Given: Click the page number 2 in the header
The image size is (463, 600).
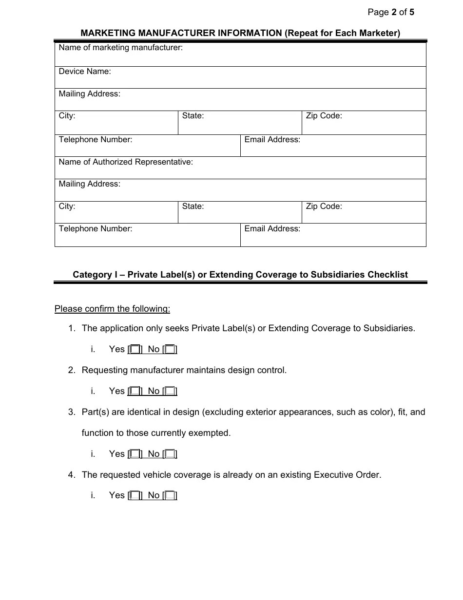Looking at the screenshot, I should [x=394, y=13].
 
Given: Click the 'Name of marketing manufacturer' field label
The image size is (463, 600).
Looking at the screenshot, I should [x=120, y=48].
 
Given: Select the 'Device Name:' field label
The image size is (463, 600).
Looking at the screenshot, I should [x=85, y=72].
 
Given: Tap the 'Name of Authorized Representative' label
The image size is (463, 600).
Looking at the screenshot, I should [x=126, y=162].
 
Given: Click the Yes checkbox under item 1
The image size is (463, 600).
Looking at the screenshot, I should [x=135, y=349].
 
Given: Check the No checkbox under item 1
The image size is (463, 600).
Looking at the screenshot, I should [x=170, y=349].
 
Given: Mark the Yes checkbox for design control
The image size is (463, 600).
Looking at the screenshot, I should [x=135, y=391].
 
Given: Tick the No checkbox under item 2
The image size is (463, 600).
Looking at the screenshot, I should [x=170, y=391].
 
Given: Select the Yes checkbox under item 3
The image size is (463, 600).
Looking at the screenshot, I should [x=135, y=454].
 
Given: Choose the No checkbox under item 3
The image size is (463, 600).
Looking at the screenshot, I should [x=170, y=454].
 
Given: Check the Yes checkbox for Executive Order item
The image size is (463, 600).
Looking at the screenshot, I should [x=135, y=495].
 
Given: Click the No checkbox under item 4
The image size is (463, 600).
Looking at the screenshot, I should [x=170, y=495].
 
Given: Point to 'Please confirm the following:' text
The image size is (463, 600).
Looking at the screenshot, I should [x=112, y=309].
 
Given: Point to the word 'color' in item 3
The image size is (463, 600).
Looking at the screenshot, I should [x=365, y=412].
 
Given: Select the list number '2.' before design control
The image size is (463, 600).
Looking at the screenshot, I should [x=72, y=370].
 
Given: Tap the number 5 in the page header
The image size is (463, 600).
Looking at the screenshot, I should [x=412, y=13].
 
